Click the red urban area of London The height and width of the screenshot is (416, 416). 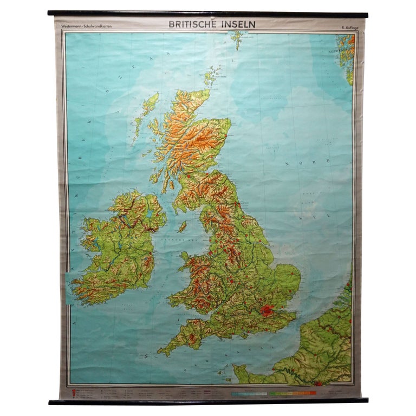(x=267, y=311)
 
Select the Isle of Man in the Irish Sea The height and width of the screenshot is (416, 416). (x=183, y=226)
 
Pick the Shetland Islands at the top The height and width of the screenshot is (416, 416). (x=237, y=40)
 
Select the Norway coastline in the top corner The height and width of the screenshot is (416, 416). (x=344, y=54)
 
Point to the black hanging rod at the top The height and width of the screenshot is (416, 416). (x=207, y=13)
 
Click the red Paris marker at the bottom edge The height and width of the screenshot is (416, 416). (x=318, y=383)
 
